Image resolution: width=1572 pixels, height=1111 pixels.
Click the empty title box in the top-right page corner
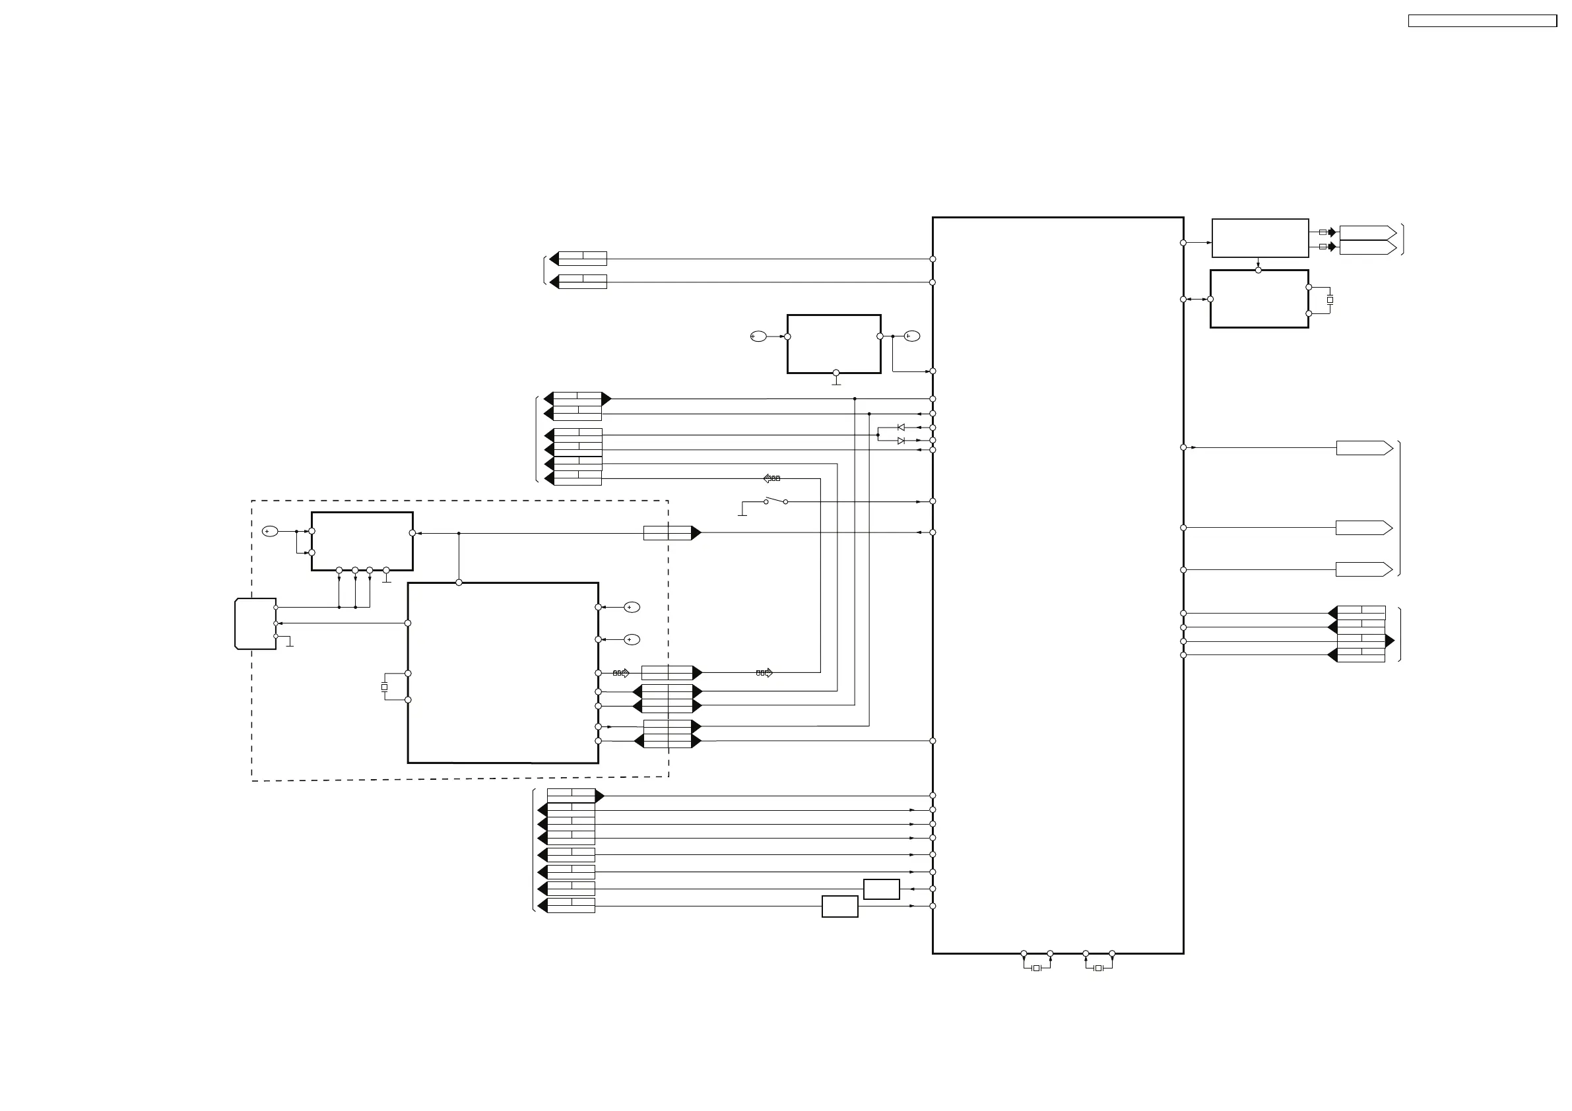point(1482,21)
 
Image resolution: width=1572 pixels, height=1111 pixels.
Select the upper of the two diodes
point(901,427)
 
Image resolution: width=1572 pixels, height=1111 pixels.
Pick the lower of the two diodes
point(901,441)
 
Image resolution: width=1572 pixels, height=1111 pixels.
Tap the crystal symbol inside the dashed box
point(384,687)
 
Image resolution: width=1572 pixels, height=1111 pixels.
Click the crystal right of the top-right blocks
point(1330,300)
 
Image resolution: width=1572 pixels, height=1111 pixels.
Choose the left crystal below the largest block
point(1037,968)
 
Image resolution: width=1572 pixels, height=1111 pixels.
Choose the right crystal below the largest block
point(1098,968)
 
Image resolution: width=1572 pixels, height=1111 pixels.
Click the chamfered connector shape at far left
point(255,623)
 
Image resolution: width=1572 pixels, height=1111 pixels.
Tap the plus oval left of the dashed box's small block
point(271,531)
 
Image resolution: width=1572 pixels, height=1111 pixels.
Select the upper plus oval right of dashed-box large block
point(632,607)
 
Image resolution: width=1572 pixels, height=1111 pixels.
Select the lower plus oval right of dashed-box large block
point(632,639)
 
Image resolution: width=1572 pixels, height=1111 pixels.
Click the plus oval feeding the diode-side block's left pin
point(758,336)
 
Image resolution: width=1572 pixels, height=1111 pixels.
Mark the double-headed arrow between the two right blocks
point(1196,299)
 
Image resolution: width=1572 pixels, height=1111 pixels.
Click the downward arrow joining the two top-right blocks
point(1259,263)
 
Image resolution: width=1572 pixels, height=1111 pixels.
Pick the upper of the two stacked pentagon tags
point(1367,232)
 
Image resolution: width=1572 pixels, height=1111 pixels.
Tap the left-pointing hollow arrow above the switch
point(771,478)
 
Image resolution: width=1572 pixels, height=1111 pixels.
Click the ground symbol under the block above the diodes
point(836,383)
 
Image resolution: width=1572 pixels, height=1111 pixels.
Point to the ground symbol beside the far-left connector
point(290,644)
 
